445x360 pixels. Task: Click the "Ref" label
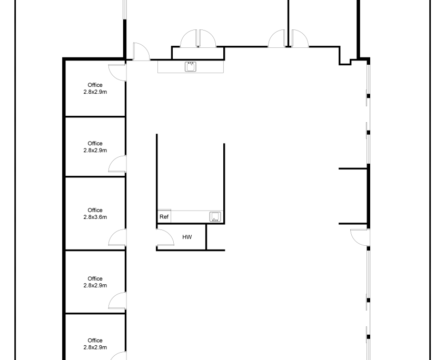pyautogui.click(x=164, y=217)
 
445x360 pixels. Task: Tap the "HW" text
pyautogui.click(x=187, y=237)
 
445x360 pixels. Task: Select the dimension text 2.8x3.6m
pyautogui.click(x=95, y=217)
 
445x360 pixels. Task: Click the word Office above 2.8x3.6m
pyautogui.click(x=95, y=210)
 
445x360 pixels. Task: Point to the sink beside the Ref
pyautogui.click(x=215, y=217)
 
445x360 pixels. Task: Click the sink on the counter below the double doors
pyautogui.click(x=191, y=67)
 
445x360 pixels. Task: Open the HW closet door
pyautogui.click(x=165, y=238)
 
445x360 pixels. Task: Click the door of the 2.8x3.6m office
pyautogui.click(x=117, y=237)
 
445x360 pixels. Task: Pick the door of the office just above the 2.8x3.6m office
pyautogui.click(x=117, y=164)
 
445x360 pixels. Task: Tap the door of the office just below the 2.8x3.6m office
pyautogui.click(x=117, y=301)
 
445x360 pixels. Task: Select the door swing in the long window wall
pyautogui.click(x=360, y=237)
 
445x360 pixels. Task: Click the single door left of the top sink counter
pyautogui.click(x=141, y=52)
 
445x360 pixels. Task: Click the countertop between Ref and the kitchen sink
pyautogui.click(x=190, y=217)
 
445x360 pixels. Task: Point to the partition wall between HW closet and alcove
pyautogui.click(x=206, y=237)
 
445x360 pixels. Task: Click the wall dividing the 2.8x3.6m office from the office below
pyautogui.click(x=95, y=250)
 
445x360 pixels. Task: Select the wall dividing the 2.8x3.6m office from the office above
pyautogui.click(x=95, y=176)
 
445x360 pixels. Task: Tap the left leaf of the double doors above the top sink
pyautogui.click(x=189, y=38)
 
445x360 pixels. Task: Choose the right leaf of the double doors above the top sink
pyautogui.click(x=207, y=38)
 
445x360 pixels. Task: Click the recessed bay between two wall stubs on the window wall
pyautogui.click(x=353, y=196)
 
